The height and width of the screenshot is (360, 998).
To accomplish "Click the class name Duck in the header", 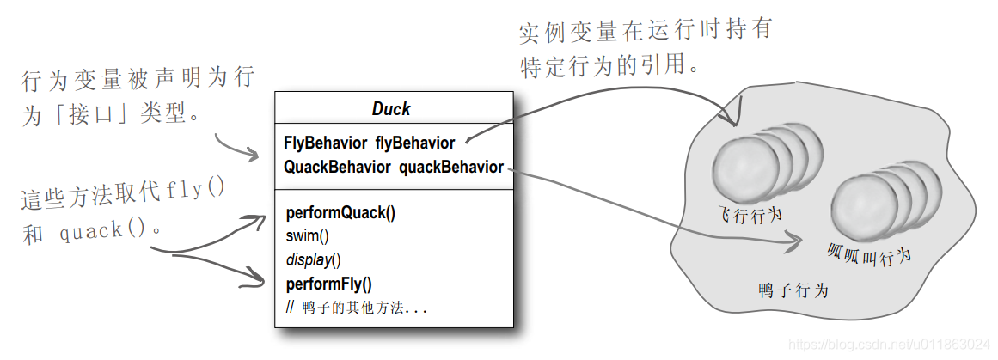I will click(x=391, y=109).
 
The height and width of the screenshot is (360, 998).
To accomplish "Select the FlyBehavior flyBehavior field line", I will click(x=369, y=143).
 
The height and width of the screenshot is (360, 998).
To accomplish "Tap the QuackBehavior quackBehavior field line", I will click(x=393, y=168).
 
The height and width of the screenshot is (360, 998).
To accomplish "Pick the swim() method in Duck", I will click(x=307, y=236).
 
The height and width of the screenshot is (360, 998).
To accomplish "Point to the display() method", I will click(x=313, y=259).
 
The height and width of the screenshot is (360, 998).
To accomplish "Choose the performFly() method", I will click(x=328, y=284).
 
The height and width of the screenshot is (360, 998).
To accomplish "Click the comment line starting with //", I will click(x=356, y=307).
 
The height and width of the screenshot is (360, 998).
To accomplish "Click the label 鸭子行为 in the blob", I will click(x=793, y=290).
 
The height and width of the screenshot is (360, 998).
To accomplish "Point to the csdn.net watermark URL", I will click(x=891, y=345).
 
